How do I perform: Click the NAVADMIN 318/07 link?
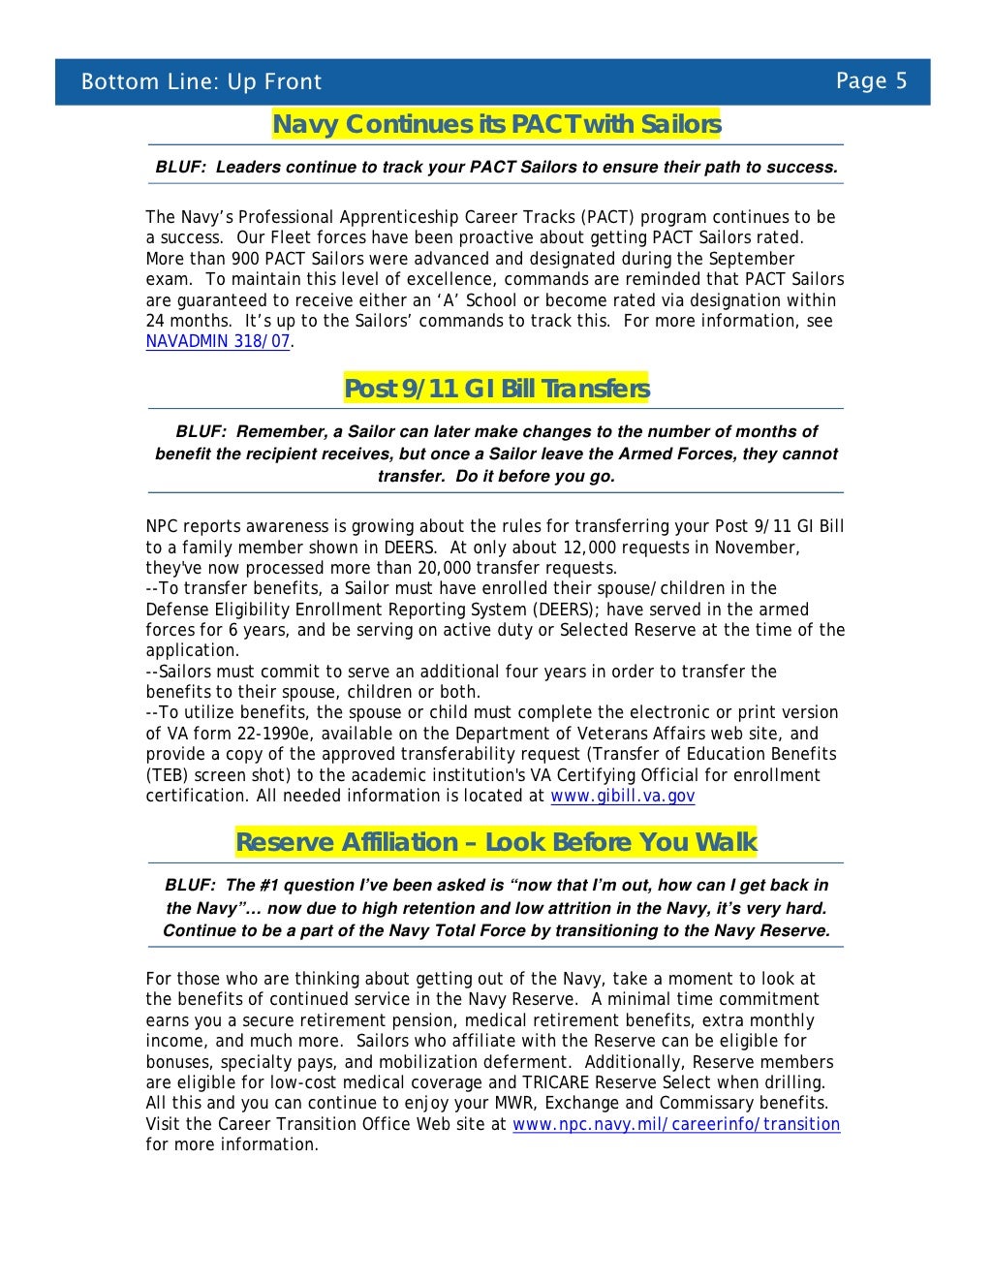[217, 341]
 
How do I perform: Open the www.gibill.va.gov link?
[622, 796]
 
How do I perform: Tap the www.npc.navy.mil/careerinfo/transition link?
[675, 1124]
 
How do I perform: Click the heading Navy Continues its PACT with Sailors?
[496, 125]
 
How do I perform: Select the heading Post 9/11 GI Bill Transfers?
[496, 389]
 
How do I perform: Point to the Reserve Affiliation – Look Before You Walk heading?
[496, 842]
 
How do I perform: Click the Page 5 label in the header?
[871, 80]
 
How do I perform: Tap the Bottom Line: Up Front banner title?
[201, 81]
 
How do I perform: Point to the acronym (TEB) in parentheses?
[170, 775]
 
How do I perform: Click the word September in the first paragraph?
[745, 259]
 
